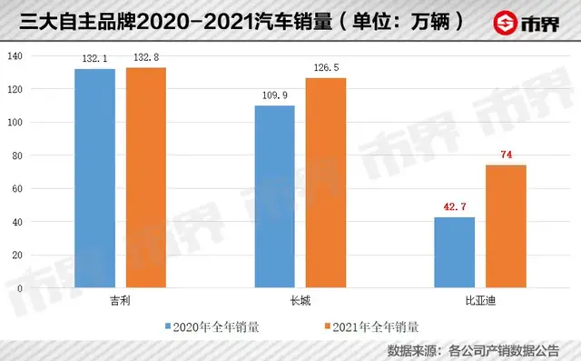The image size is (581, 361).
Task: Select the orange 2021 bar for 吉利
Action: click(146, 178)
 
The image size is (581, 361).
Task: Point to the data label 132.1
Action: click(94, 59)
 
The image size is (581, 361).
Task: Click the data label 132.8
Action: click(146, 58)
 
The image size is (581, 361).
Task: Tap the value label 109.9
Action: click(274, 95)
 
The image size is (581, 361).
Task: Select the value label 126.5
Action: click(326, 68)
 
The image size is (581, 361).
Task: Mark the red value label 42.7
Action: click(454, 207)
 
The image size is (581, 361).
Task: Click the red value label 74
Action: click(507, 155)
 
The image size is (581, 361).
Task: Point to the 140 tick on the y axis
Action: click(15, 56)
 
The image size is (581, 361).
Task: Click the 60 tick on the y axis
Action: click(17, 189)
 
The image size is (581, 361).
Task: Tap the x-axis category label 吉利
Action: click(120, 299)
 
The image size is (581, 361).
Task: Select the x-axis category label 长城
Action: click(300, 299)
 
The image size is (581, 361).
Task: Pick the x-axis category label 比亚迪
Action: click(479, 299)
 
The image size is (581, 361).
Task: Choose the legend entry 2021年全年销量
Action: click(370, 325)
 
